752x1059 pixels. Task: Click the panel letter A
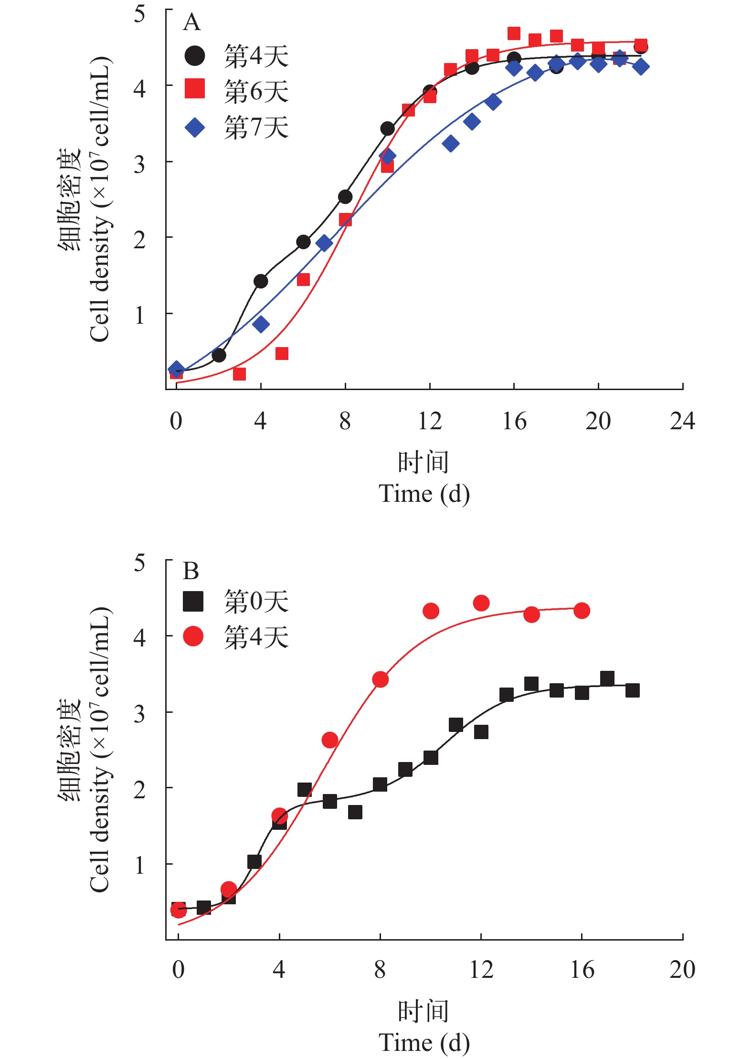[x=191, y=22]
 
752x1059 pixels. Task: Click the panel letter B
[x=191, y=571]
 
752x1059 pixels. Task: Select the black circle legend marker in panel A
[x=195, y=56]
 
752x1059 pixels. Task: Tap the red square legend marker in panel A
[x=195, y=88]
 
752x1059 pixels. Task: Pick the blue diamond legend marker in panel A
[x=195, y=127]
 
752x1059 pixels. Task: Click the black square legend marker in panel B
[x=193, y=602]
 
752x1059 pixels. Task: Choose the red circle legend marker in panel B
[x=193, y=636]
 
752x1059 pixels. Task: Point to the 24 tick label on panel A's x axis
[x=682, y=421]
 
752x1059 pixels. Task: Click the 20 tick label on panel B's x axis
[x=682, y=970]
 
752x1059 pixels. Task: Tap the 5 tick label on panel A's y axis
[x=139, y=14]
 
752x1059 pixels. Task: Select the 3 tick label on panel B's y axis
[x=139, y=714]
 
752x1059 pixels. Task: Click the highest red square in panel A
[x=514, y=33]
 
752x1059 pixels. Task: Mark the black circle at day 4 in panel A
[x=261, y=281]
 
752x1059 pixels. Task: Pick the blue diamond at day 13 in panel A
[x=451, y=143]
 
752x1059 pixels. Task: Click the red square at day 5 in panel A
[x=282, y=354]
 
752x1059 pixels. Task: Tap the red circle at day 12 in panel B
[x=481, y=603]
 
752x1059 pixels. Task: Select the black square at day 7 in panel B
[x=355, y=812]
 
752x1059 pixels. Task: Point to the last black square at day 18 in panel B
[x=633, y=690]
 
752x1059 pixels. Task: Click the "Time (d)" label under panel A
[x=424, y=494]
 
